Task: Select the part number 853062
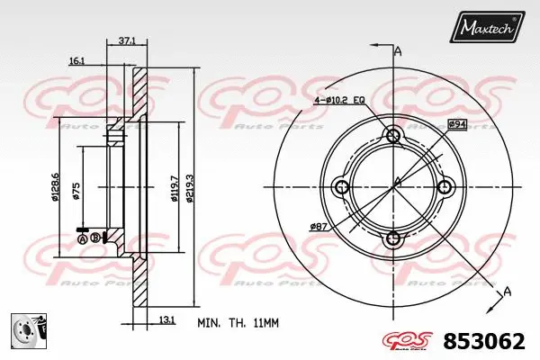pyautogui.click(x=487, y=341)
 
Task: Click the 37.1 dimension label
pyautogui.click(x=127, y=40)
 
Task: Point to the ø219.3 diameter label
pyautogui.click(x=190, y=186)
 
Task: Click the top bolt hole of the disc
pyautogui.click(x=393, y=136)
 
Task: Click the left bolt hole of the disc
pyautogui.click(x=342, y=187)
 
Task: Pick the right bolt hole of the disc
pyautogui.click(x=445, y=187)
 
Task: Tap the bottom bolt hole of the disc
pyautogui.click(x=393, y=238)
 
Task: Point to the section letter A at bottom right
pyautogui.click(x=508, y=291)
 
